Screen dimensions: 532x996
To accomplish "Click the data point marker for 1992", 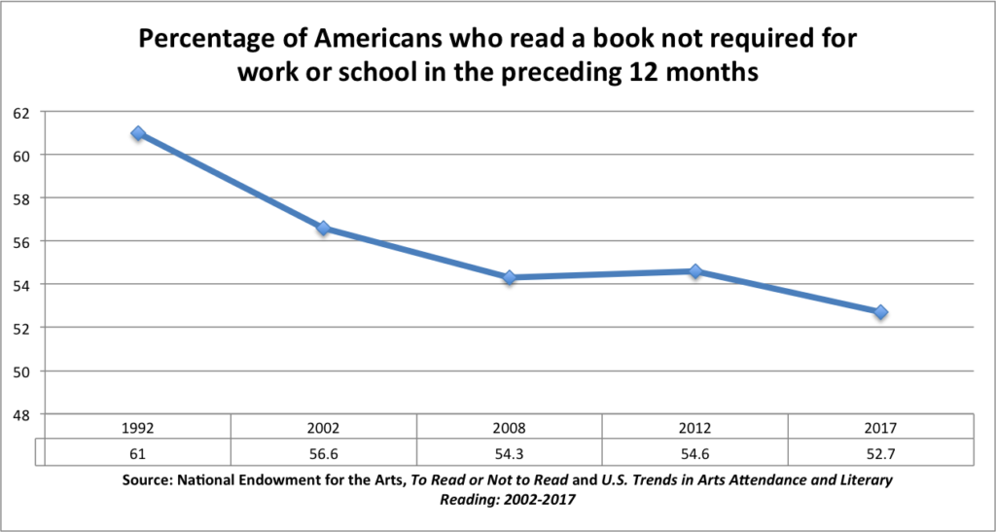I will pos(138,133).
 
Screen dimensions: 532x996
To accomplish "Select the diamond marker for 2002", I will pos(324,229).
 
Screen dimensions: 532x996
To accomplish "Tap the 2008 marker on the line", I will pos(510,278).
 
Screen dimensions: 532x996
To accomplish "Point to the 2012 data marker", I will pos(695,271).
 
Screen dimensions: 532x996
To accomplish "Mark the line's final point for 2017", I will pos(880,312).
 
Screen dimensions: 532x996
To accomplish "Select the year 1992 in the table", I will pos(138,427).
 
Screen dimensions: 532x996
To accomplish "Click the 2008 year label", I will pos(510,427).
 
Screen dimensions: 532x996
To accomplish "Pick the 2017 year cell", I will pos(880,427).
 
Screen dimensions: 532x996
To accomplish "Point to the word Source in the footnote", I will pos(150,480).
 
